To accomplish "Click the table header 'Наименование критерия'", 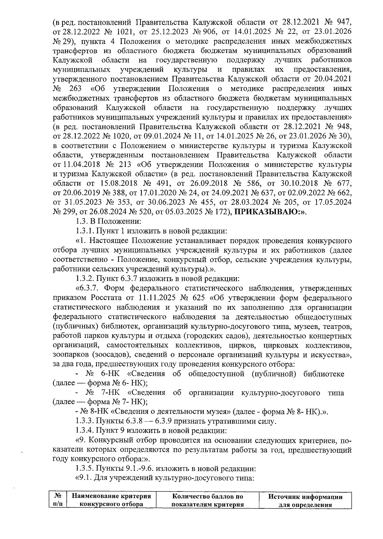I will [x=111, y=497].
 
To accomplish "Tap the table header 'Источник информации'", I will [x=305, y=497].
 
